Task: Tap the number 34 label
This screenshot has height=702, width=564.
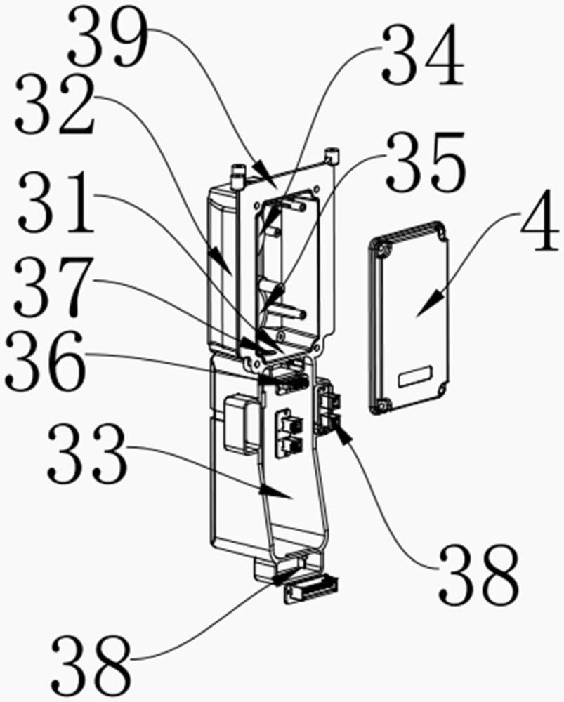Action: (x=423, y=54)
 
